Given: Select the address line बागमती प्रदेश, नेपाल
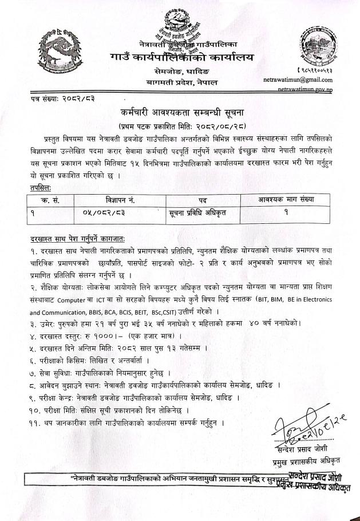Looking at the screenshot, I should pos(179,83).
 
